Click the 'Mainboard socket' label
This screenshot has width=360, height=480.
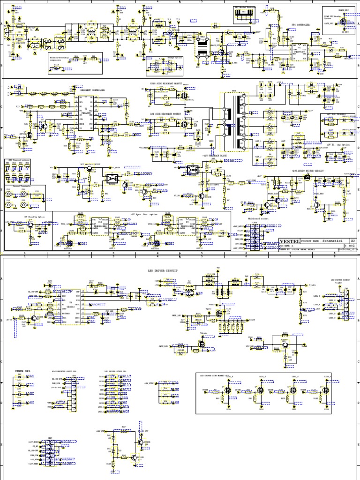point(256,219)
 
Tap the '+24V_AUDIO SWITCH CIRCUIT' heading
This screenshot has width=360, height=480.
point(307,170)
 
